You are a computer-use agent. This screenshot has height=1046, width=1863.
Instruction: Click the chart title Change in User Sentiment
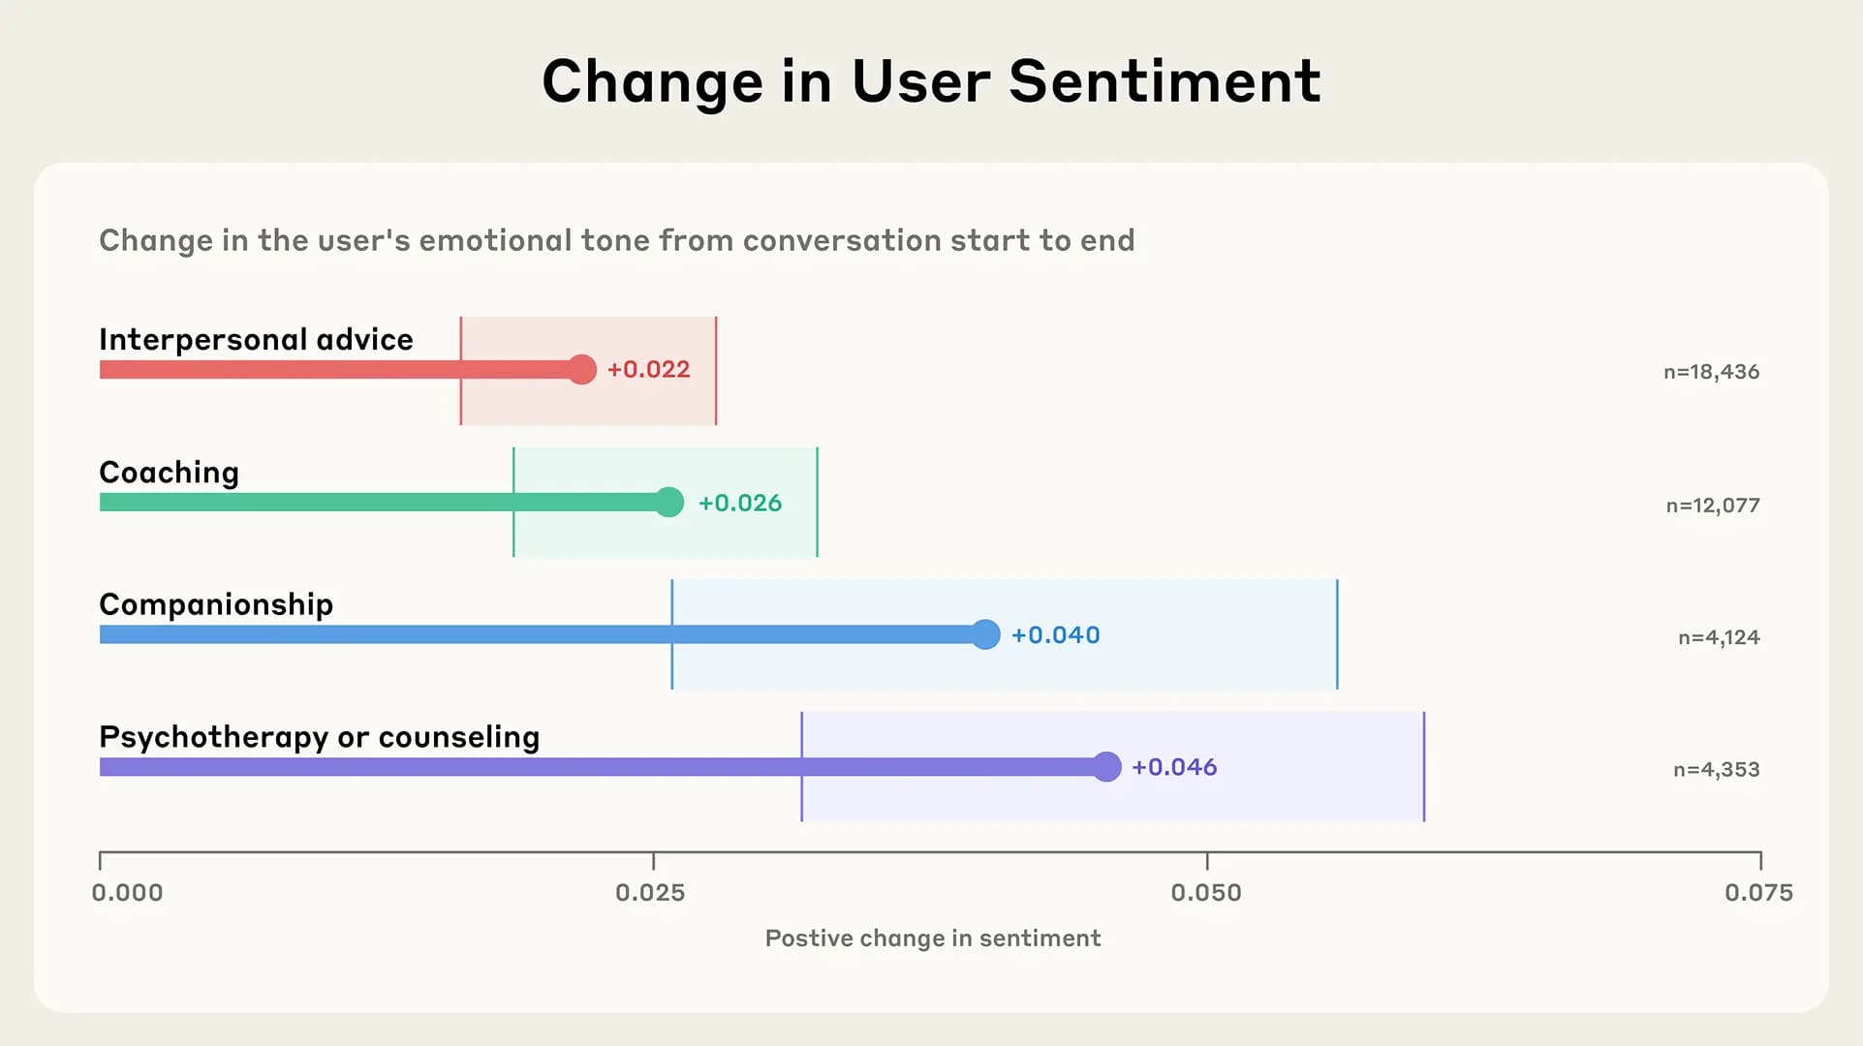(931, 80)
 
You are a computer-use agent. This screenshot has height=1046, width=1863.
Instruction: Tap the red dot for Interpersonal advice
(581, 369)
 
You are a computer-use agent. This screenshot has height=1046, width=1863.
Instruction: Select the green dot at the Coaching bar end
(668, 502)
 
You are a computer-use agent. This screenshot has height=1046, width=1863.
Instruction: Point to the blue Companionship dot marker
(985, 634)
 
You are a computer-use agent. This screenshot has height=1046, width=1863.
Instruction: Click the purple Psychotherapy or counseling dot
(1106, 767)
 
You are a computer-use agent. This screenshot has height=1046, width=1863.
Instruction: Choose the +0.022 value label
(648, 369)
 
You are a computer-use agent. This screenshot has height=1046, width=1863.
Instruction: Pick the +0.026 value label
(740, 503)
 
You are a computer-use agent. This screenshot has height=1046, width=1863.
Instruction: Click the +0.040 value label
(1055, 635)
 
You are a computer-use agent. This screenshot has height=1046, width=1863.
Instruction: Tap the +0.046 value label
(1174, 767)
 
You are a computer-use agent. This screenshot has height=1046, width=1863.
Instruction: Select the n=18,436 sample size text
(1711, 372)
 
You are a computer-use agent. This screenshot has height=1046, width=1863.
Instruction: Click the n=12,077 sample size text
(1712, 506)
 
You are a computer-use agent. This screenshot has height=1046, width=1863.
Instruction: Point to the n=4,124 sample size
(1719, 637)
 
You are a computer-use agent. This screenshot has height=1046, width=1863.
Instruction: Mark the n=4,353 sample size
(1716, 770)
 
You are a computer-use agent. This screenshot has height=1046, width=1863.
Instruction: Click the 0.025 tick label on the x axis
(650, 893)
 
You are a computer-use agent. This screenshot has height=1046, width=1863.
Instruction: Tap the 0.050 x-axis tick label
(1205, 893)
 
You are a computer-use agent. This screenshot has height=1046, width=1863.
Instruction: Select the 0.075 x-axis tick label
(1758, 893)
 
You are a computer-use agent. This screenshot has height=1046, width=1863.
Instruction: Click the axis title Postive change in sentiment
(932, 938)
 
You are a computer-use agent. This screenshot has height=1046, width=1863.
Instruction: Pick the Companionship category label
(216, 604)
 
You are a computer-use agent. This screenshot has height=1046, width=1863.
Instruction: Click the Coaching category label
(169, 473)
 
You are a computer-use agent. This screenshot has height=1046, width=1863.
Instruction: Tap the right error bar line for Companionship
(1337, 634)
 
